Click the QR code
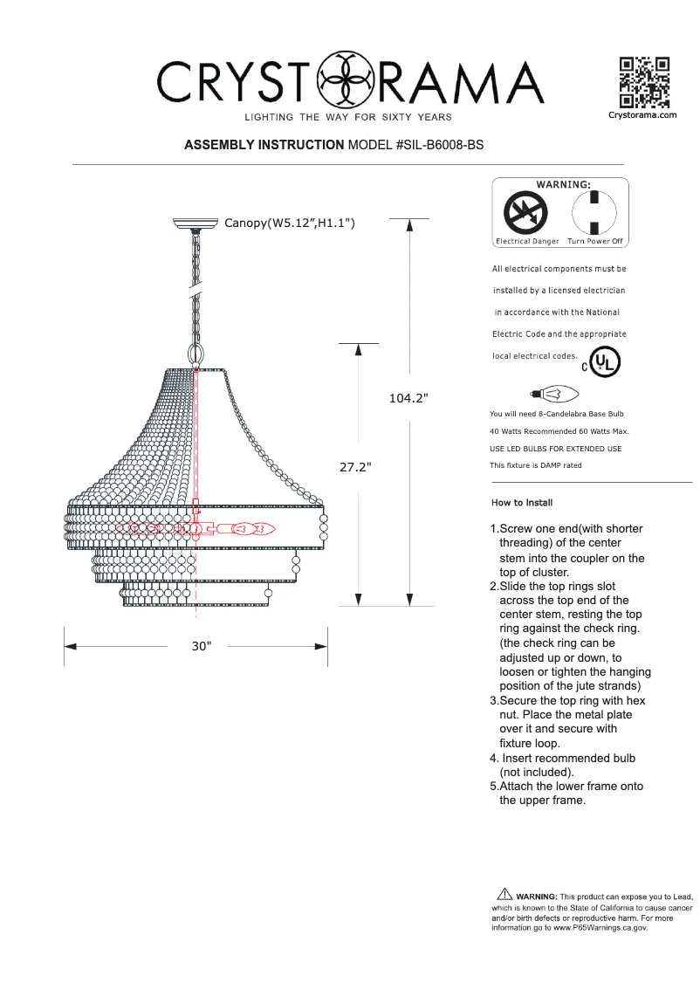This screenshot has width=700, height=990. click(x=643, y=81)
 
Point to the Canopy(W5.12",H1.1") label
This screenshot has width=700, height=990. click(x=289, y=223)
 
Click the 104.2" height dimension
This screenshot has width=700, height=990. click(x=408, y=398)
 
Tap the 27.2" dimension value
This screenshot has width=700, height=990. click(x=355, y=467)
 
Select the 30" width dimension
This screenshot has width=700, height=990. click(x=202, y=647)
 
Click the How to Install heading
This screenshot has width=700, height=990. click(x=522, y=503)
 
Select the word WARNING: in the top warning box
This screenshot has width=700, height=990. click(x=562, y=184)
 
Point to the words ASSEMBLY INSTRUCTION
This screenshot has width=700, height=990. click(x=264, y=145)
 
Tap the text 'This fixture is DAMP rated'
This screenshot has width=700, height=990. click(x=536, y=465)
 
